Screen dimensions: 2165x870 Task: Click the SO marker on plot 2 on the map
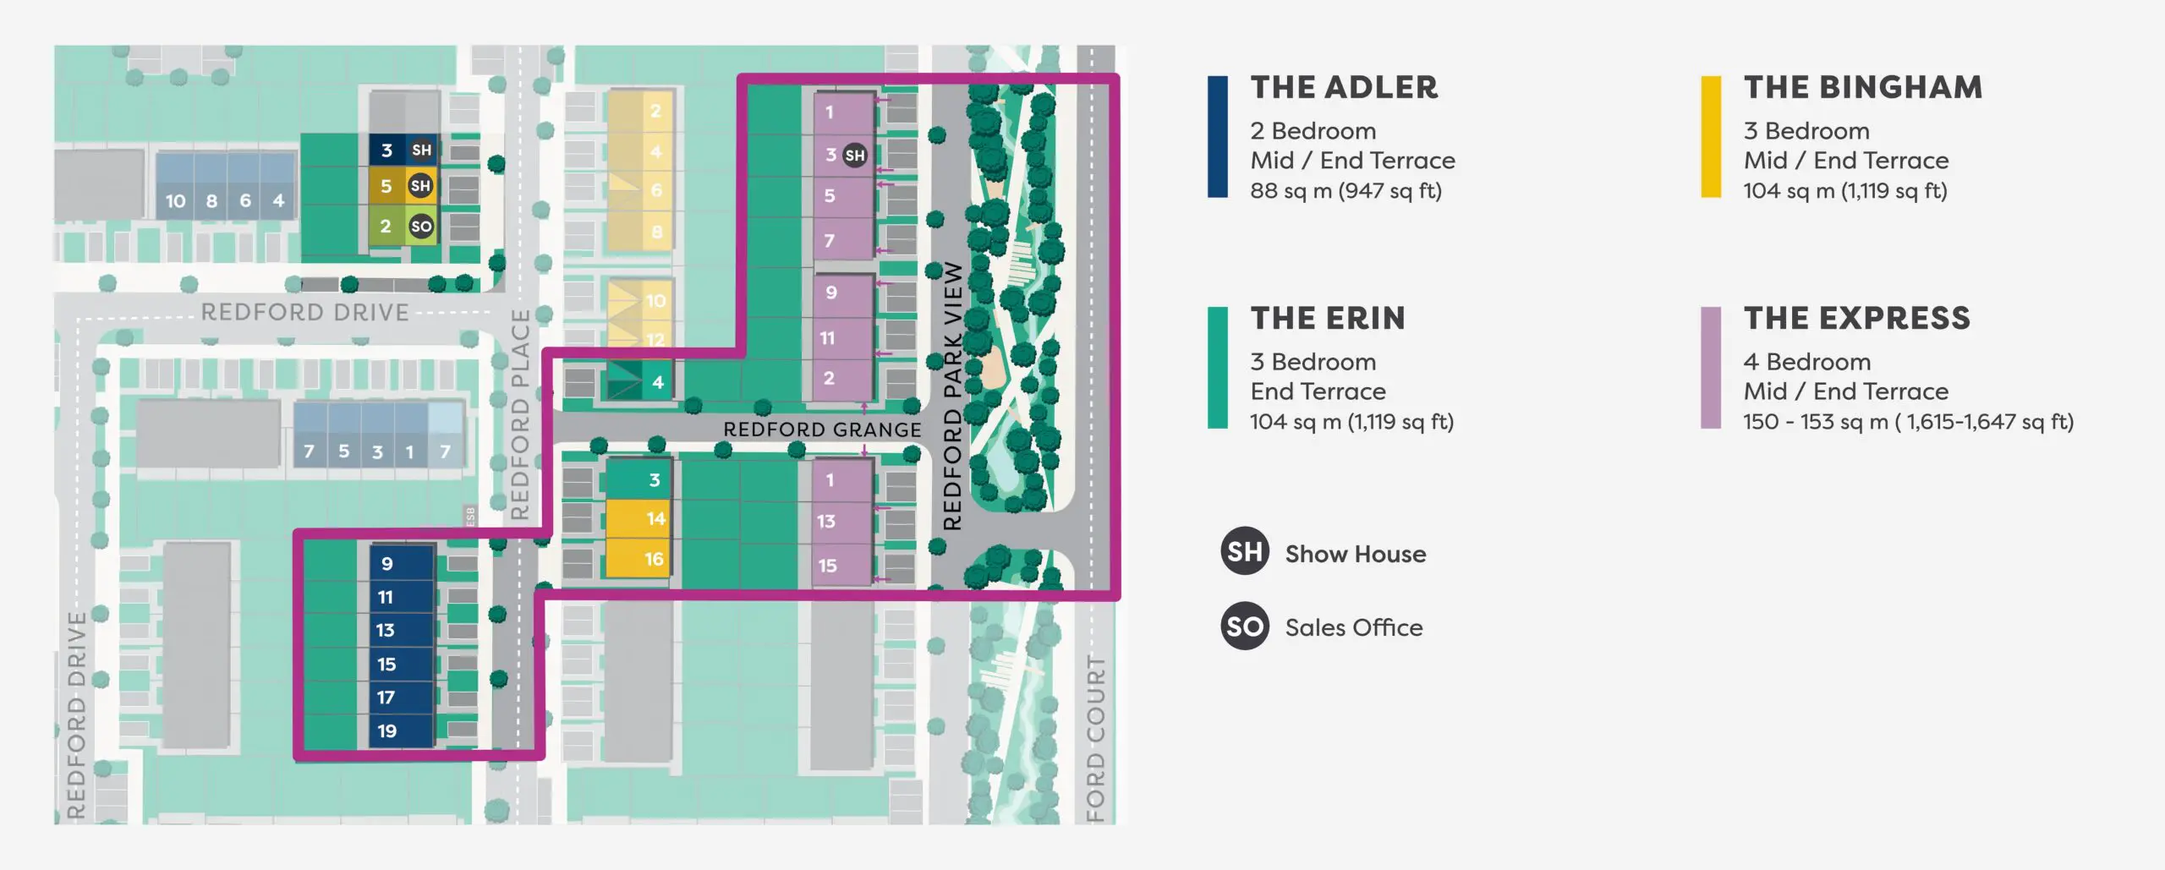(421, 226)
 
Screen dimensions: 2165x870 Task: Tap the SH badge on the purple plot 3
(855, 155)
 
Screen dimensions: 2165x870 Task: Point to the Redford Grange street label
(822, 430)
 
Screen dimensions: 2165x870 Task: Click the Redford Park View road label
(953, 396)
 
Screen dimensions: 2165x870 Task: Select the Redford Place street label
(520, 414)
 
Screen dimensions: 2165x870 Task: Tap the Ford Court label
(1095, 737)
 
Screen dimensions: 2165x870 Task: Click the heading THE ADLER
(1344, 87)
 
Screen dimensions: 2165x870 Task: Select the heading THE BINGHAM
(1863, 87)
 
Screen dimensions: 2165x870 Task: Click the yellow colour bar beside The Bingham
(1711, 137)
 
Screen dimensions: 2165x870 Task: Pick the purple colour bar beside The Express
(1711, 368)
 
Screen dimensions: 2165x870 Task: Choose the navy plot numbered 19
(402, 730)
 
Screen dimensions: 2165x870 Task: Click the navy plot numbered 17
(402, 698)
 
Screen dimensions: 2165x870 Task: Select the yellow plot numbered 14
(639, 518)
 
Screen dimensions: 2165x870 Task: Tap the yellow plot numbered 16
(639, 558)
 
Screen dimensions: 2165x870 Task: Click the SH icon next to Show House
(1245, 551)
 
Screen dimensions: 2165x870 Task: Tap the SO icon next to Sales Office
(1245, 626)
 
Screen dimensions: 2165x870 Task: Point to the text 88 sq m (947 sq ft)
(1346, 191)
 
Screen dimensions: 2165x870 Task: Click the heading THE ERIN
(1328, 318)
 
